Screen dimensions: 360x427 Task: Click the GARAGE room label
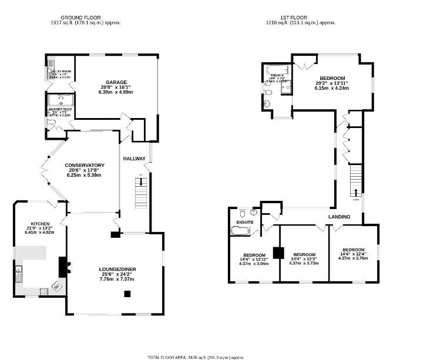pyautogui.click(x=116, y=82)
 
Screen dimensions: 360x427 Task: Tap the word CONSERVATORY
pyautogui.click(x=85, y=165)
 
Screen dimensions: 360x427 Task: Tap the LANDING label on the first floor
pyautogui.click(x=339, y=217)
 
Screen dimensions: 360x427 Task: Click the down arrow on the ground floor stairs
pyautogui.click(x=141, y=183)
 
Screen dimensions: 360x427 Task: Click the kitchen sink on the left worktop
pyautogui.click(x=18, y=272)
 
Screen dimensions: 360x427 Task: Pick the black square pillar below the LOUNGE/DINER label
pyautogui.click(x=126, y=293)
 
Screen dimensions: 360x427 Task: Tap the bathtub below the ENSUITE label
pyautogui.click(x=240, y=231)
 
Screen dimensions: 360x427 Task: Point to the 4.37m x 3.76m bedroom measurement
pyautogui.click(x=354, y=257)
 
